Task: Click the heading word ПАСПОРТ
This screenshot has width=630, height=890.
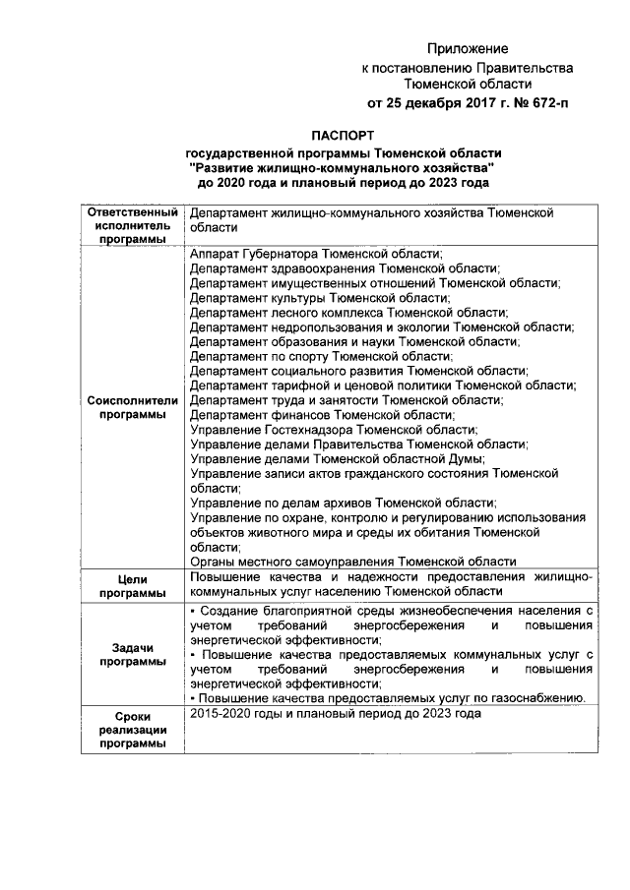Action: [x=343, y=136]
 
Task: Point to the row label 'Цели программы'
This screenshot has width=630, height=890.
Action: [x=133, y=586]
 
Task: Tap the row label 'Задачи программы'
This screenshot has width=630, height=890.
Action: [x=133, y=655]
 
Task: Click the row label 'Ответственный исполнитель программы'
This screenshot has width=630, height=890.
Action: [x=133, y=226]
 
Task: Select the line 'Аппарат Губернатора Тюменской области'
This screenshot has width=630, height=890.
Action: [x=316, y=253]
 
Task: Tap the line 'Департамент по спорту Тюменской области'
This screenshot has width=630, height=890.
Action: [x=321, y=356]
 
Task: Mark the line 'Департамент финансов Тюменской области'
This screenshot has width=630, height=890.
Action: [x=322, y=415]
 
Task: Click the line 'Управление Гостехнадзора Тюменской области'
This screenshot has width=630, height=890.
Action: [x=333, y=430]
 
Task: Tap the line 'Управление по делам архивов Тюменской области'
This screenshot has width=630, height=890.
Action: [x=340, y=503]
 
